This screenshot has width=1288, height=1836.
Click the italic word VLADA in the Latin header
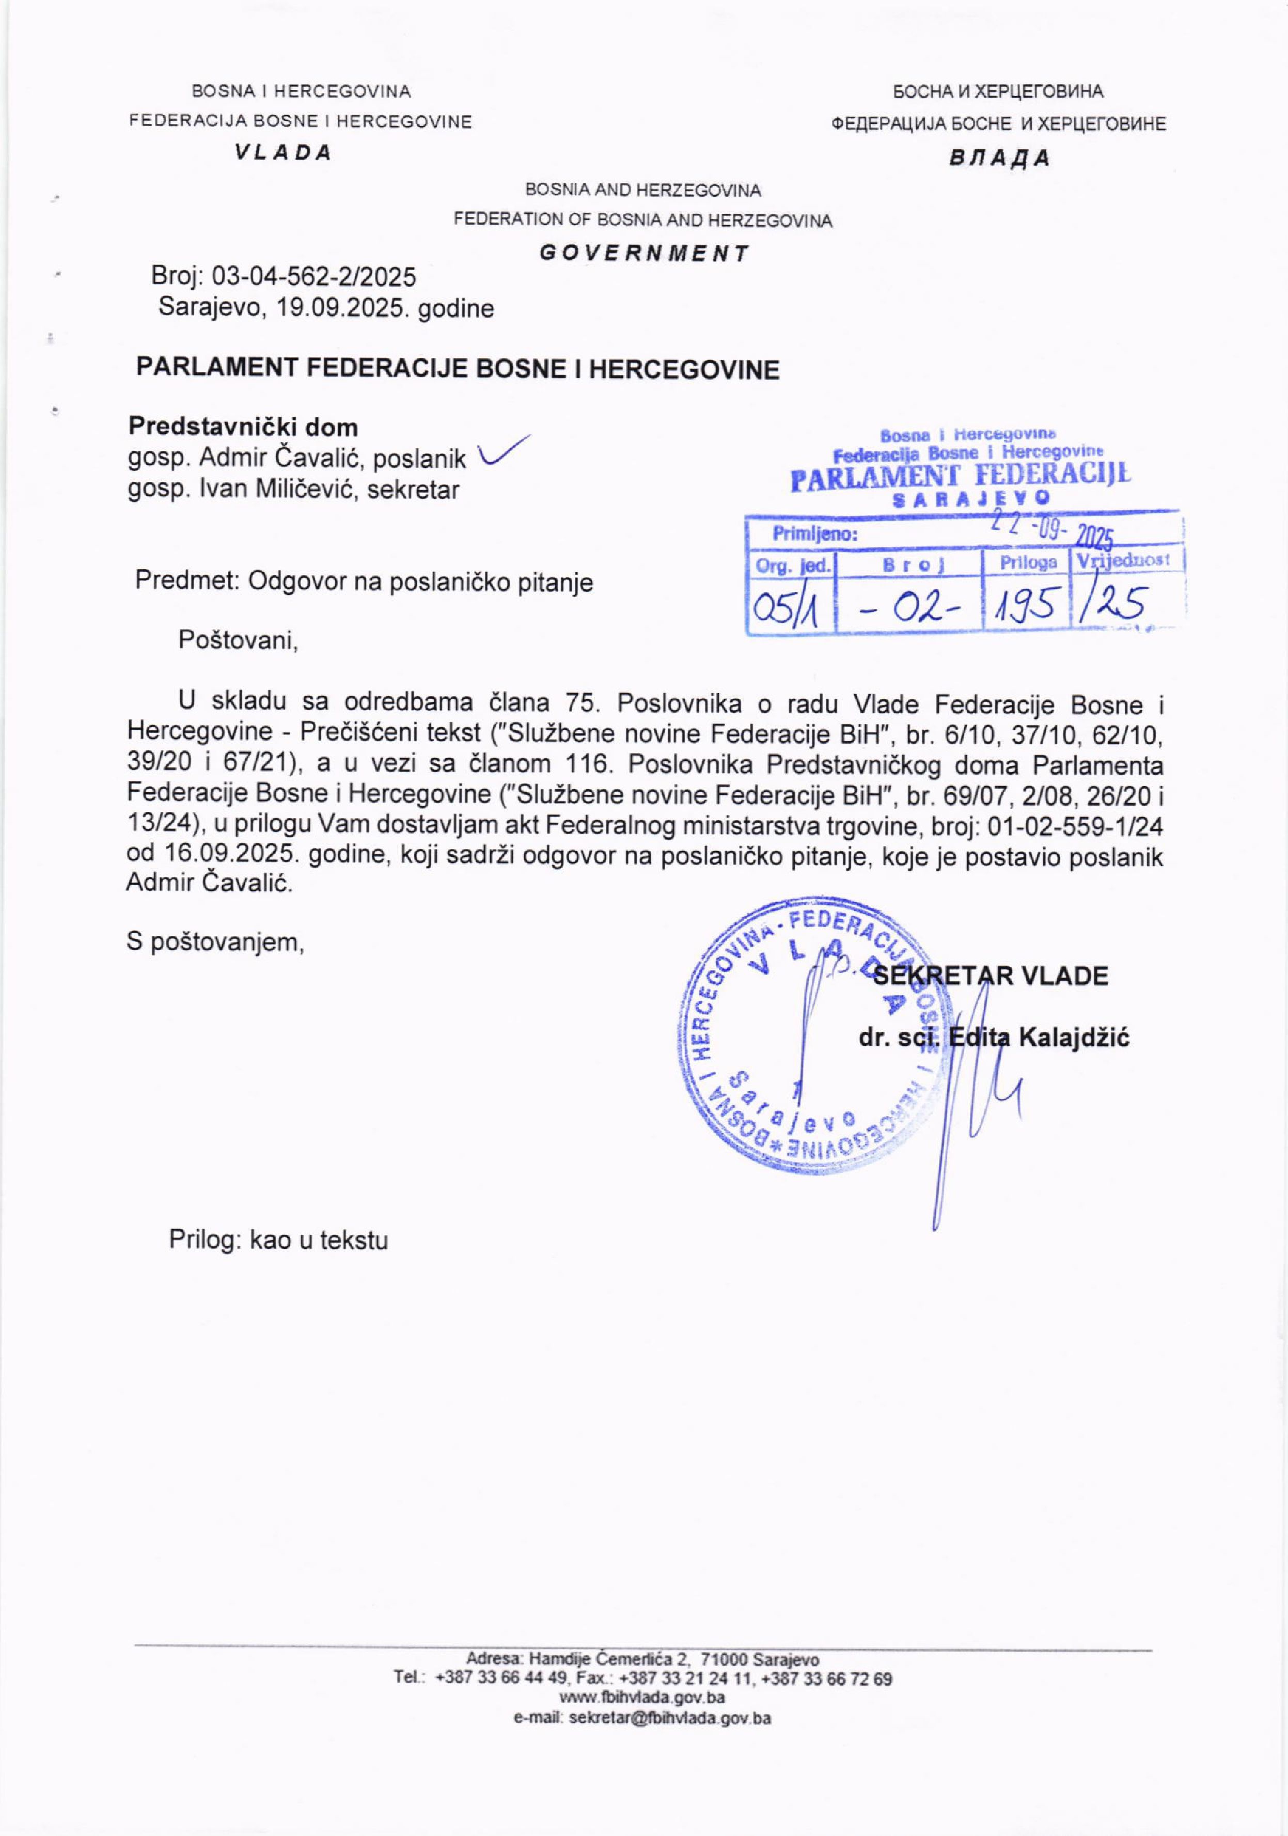[x=283, y=153]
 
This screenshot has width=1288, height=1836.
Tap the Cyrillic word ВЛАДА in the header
[x=999, y=158]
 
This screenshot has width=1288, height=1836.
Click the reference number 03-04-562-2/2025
[x=313, y=277]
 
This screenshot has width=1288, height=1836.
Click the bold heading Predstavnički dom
[x=243, y=427]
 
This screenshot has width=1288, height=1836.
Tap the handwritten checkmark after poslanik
[x=502, y=452]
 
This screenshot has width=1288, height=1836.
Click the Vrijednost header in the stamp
[x=1123, y=560]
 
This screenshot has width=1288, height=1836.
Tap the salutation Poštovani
[x=238, y=640]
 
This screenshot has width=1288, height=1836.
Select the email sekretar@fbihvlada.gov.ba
[x=670, y=1739]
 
